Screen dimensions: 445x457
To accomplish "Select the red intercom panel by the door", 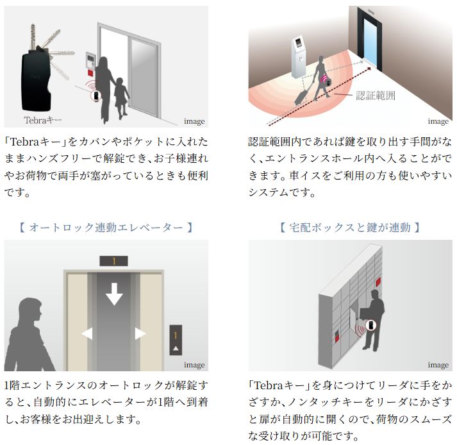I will (90, 63).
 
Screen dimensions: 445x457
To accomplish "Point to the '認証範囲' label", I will (376, 96).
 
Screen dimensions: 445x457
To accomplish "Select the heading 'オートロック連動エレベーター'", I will (105, 227).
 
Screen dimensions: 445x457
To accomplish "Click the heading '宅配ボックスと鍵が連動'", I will (350, 227).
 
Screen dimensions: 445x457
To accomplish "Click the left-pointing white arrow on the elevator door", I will (87, 333).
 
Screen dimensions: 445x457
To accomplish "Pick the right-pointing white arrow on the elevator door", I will (140, 333).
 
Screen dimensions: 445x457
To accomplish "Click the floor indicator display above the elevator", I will (113, 261).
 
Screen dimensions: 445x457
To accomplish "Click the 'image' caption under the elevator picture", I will (194, 365).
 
